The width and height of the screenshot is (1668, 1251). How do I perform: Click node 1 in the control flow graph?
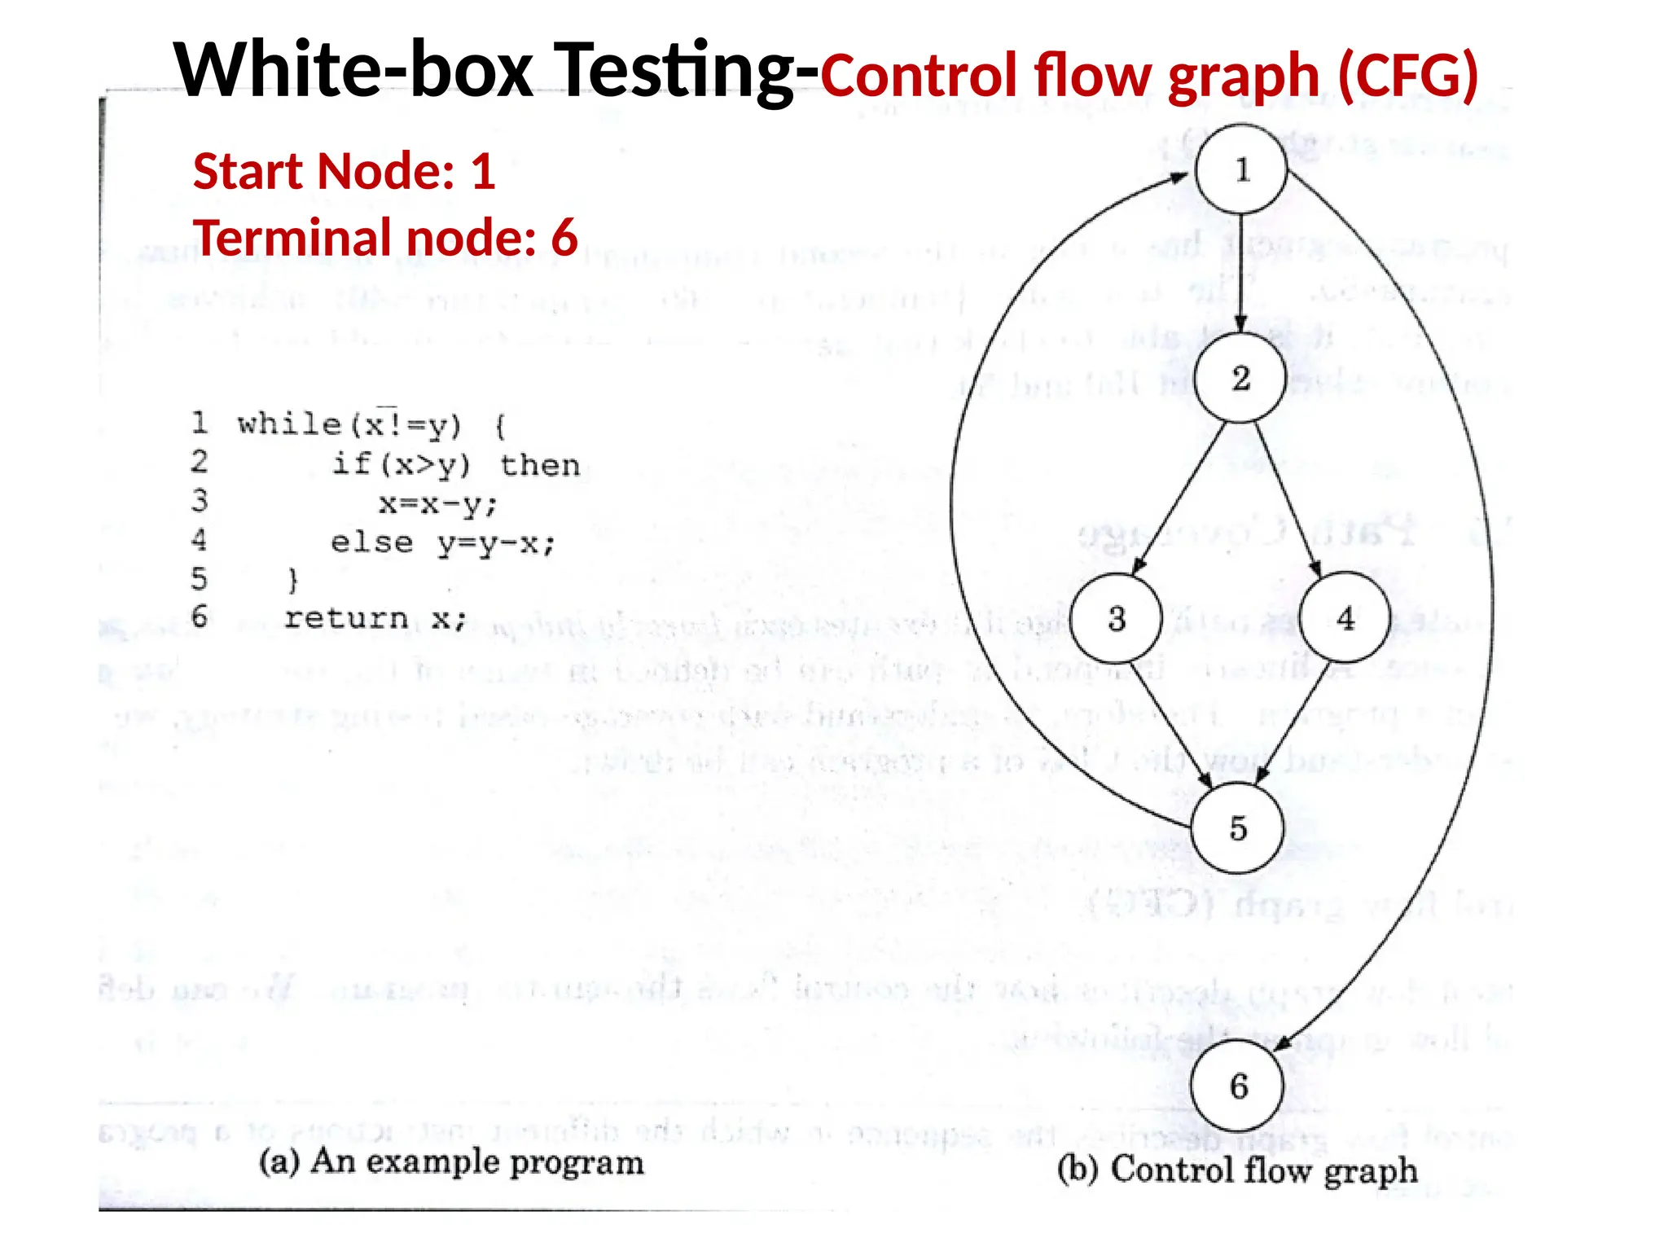click(1241, 169)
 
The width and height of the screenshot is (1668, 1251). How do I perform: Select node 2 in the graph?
click(1240, 378)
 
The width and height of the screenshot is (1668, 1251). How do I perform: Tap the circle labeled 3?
click(1116, 618)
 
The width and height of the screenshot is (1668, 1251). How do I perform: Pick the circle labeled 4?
click(1345, 618)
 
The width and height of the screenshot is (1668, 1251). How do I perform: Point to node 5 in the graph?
click(1237, 827)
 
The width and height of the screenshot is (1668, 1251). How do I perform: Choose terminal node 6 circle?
click(1237, 1085)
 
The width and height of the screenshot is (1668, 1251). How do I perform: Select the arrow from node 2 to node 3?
click(1181, 497)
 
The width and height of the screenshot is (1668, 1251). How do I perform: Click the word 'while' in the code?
click(289, 424)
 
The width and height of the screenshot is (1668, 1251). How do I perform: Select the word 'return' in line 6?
click(346, 618)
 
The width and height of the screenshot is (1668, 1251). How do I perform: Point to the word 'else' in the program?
click(371, 542)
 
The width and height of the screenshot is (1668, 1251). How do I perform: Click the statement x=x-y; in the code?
click(437, 504)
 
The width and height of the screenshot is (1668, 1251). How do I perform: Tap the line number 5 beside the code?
click(200, 579)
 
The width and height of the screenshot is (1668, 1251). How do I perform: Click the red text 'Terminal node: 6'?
click(385, 237)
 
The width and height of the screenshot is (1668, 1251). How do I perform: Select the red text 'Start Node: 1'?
click(344, 171)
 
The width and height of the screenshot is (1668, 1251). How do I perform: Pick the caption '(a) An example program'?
click(451, 1161)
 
